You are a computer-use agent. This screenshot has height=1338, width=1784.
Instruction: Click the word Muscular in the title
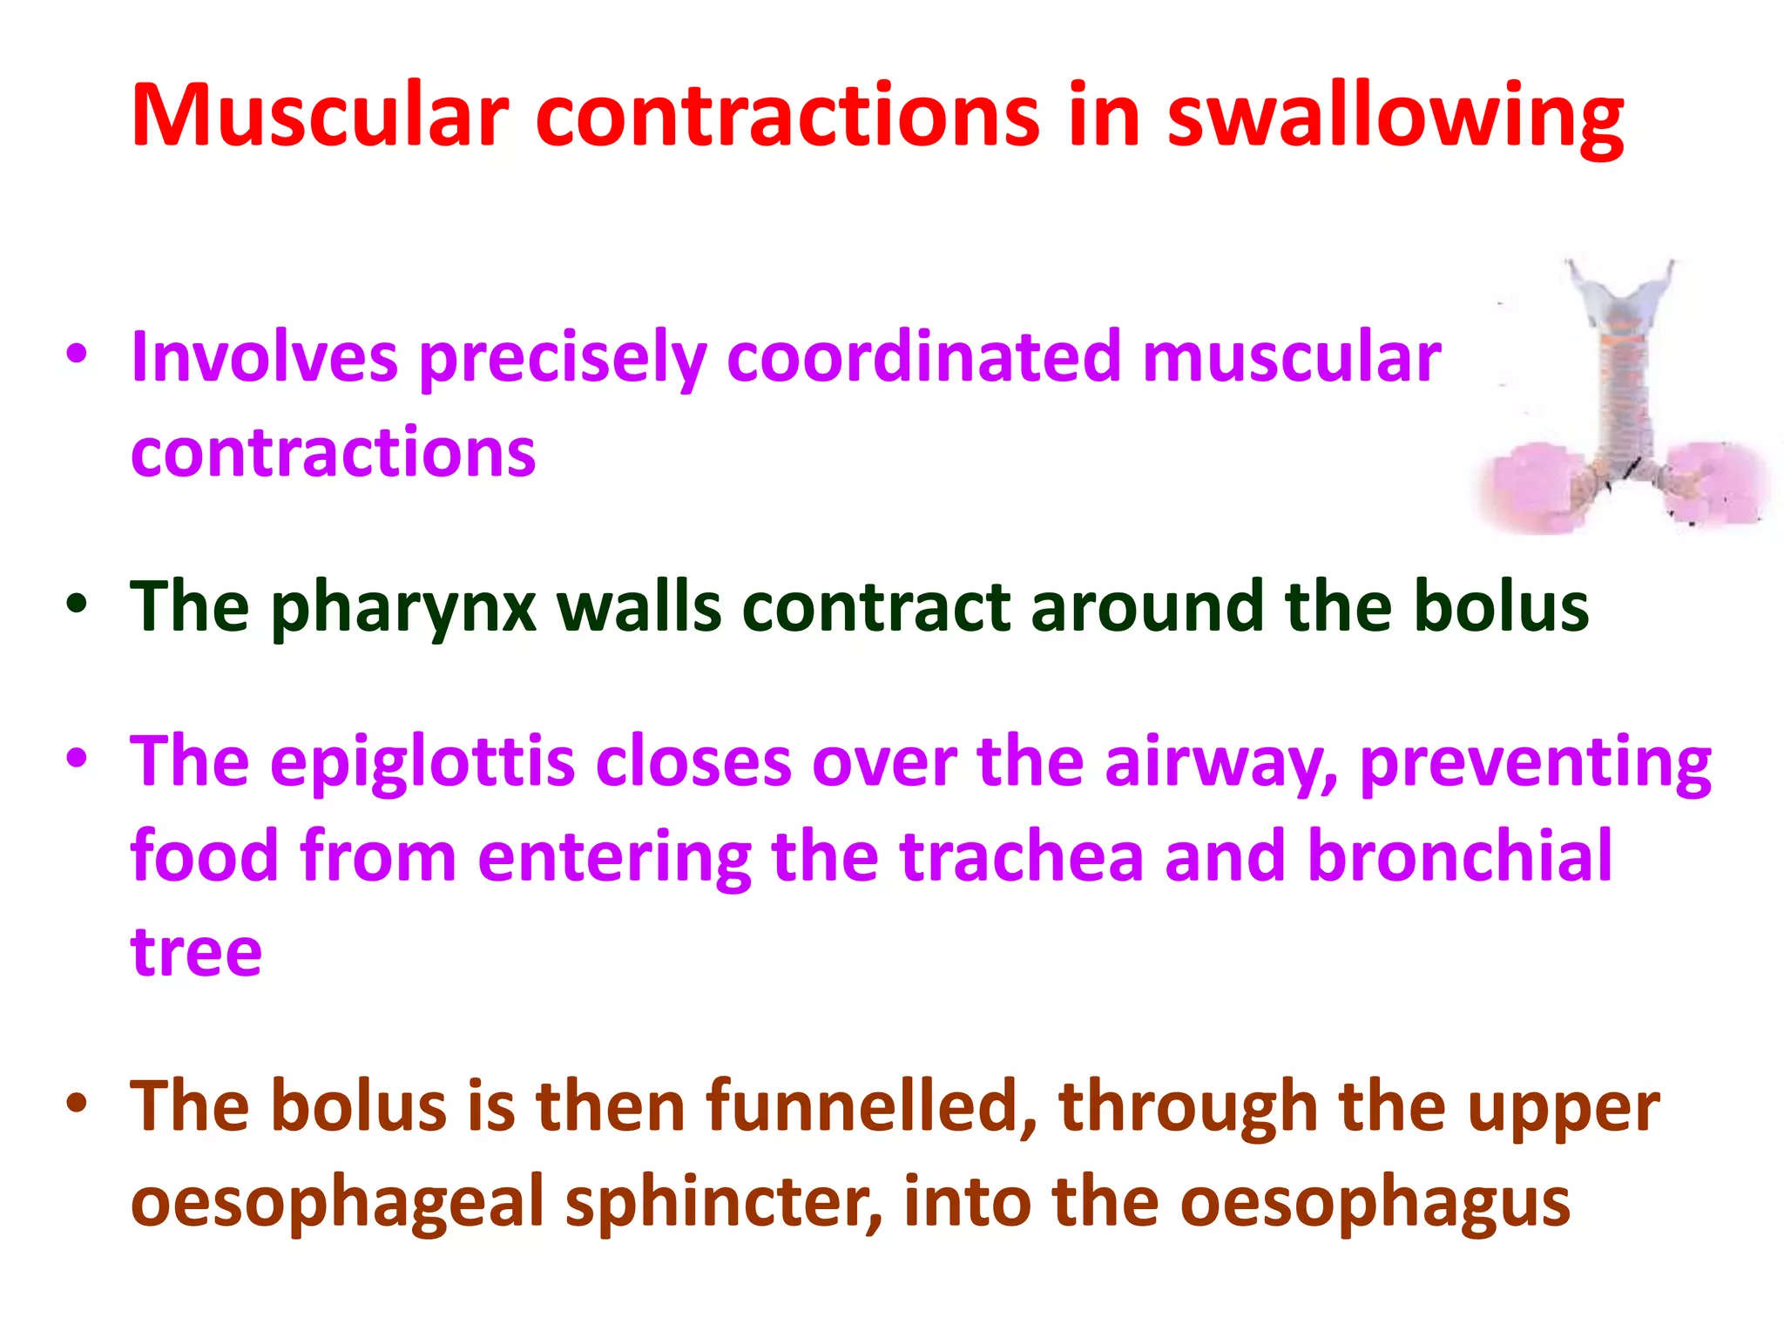click(x=320, y=116)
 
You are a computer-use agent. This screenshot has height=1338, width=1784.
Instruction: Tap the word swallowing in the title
click(x=1395, y=118)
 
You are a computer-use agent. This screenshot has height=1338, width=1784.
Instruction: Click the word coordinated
click(x=923, y=357)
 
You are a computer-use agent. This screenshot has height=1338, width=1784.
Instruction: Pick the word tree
click(x=196, y=951)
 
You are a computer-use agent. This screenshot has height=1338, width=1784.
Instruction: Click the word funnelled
click(x=872, y=1107)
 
